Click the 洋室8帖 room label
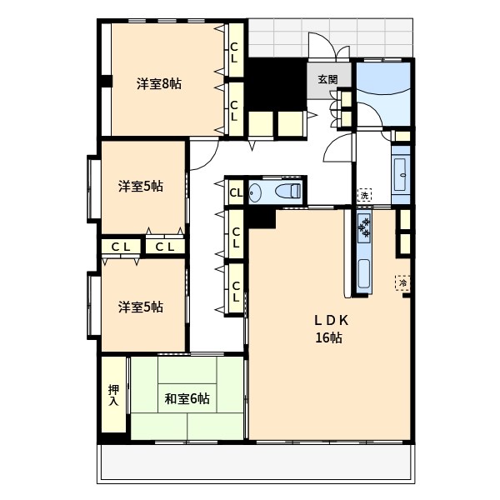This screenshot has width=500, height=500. tap(159, 83)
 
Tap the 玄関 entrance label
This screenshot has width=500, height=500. tap(327, 80)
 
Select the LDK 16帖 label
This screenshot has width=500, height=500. tap(329, 329)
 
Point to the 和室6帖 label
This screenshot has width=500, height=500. tap(187, 398)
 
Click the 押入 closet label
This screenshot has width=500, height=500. tap(113, 395)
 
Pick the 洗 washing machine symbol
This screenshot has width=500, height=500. tap(364, 195)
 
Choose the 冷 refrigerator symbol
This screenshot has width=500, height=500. tap(403, 283)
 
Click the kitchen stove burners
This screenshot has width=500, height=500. tap(365, 226)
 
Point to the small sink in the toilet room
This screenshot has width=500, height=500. tap(255, 192)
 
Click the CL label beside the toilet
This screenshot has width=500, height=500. tap(235, 192)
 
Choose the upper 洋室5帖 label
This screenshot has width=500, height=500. tap(140, 187)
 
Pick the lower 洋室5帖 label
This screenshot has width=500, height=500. tap(140, 307)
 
